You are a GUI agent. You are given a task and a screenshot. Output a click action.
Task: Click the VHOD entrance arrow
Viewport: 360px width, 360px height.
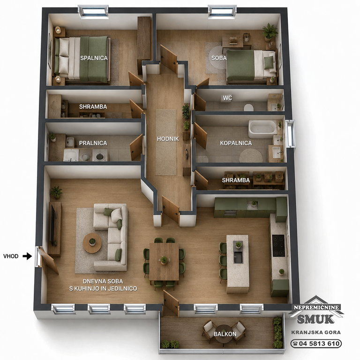[x=27, y=256]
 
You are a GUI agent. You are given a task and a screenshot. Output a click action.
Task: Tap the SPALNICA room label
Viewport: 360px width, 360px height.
[x=94, y=58]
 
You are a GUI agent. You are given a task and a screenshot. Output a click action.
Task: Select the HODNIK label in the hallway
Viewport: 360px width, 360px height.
[x=168, y=139]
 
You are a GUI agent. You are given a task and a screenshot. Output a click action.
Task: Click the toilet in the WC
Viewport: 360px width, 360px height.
[x=248, y=107]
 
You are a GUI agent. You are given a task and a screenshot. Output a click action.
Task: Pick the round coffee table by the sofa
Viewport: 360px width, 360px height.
[x=92, y=243]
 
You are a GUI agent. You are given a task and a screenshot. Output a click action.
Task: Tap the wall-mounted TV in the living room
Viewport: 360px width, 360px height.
[x=52, y=225]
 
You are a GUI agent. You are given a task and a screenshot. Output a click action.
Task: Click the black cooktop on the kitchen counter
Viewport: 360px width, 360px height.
[x=278, y=246]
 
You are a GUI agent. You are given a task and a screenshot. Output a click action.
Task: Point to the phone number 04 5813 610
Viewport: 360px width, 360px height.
[x=316, y=344]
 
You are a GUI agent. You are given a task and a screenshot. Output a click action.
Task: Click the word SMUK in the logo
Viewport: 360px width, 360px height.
[x=315, y=319]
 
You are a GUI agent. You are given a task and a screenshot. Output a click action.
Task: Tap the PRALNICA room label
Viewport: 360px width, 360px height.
[x=93, y=143]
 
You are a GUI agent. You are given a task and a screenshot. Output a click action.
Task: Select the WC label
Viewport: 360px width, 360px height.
[x=227, y=98]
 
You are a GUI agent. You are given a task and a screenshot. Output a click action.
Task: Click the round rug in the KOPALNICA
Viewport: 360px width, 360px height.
[x=251, y=156]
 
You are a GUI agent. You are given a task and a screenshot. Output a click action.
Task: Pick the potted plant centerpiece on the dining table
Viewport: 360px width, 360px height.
[x=164, y=260]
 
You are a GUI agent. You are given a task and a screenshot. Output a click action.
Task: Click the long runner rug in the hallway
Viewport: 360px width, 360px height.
[x=166, y=142]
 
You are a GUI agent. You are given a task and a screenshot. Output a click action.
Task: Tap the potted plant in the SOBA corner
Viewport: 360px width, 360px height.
[x=270, y=32]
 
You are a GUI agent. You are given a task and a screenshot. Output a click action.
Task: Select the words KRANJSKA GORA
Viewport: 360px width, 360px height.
[x=316, y=332]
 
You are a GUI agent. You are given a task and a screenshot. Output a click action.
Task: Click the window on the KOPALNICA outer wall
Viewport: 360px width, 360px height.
[x=290, y=134]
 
